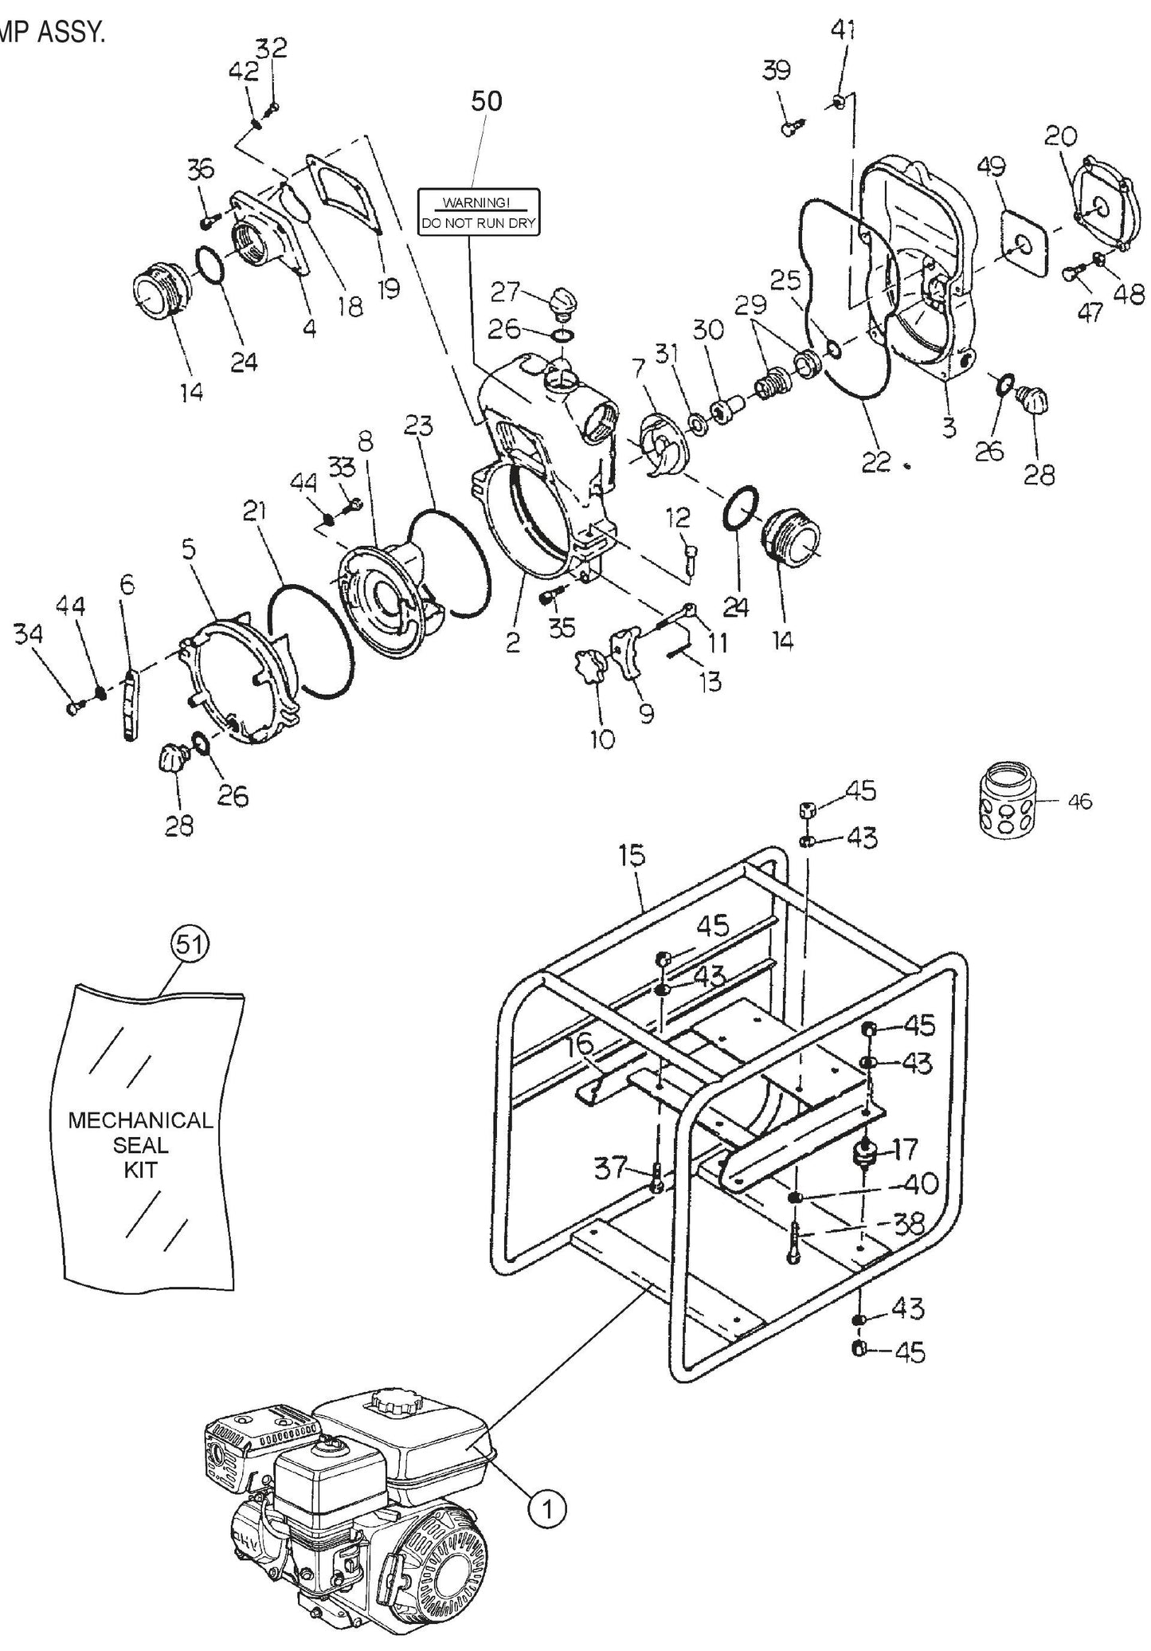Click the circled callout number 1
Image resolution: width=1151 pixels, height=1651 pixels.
(547, 1508)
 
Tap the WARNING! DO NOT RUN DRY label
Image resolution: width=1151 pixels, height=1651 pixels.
(479, 212)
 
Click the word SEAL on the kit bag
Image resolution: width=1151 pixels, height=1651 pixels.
(140, 1145)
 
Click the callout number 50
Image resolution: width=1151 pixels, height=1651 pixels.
(487, 102)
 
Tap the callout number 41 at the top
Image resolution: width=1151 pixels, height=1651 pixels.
(843, 30)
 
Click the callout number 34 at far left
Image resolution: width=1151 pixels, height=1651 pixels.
(28, 634)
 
